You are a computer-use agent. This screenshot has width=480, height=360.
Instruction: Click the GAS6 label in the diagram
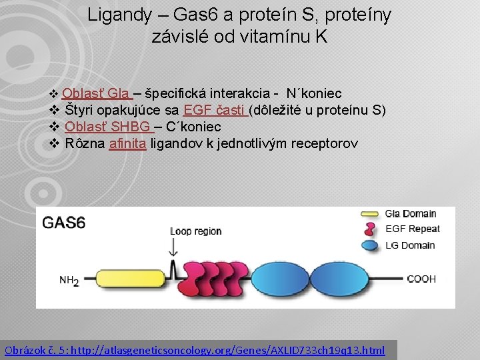tap(64, 223)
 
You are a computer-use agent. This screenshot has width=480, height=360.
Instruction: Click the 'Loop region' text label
tap(195, 231)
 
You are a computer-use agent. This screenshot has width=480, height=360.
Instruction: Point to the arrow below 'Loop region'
tap(175, 247)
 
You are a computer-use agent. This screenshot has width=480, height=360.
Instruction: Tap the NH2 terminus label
tap(69, 281)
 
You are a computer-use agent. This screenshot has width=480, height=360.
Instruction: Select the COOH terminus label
tap(421, 279)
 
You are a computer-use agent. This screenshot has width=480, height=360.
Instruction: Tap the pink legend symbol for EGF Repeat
tap(369, 229)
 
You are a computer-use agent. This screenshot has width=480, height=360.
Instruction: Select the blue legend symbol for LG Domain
tap(369, 245)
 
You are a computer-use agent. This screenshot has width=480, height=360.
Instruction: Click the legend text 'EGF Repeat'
tap(413, 229)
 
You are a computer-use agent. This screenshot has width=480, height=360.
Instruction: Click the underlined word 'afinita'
tap(127, 143)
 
